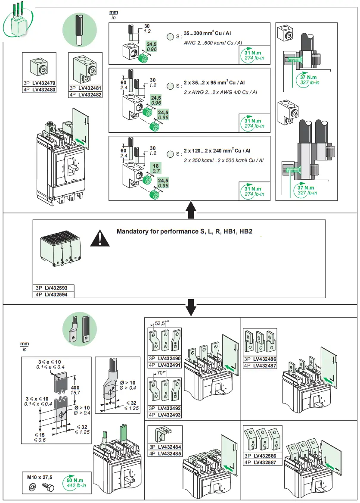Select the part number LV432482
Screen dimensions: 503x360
pos(90,94)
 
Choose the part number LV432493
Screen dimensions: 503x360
pos(169,415)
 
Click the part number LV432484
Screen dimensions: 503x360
pos(169,447)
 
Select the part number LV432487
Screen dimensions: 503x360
pos(265,366)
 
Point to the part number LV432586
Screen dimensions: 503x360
pos(265,456)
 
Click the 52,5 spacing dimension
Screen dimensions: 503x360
pos(160,323)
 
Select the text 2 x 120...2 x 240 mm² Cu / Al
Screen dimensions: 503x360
pos(217,151)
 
